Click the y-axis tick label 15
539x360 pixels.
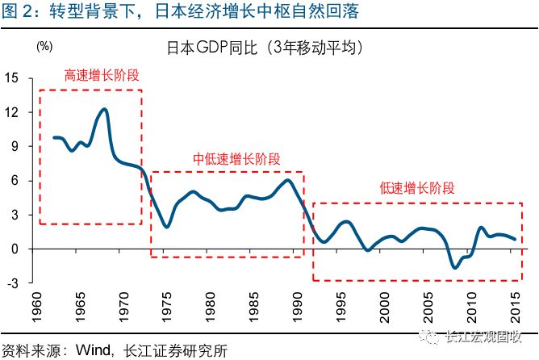coord(12,78)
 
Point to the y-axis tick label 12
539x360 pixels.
coord(12,112)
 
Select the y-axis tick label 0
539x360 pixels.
coord(15,249)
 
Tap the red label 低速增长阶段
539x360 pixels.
coord(417,188)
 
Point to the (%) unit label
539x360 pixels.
coord(44,47)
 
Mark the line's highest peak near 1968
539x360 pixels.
coord(105,109)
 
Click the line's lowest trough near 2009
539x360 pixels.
coord(455,267)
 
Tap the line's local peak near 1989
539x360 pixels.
coord(289,179)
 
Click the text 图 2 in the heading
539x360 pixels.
coord(18,12)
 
